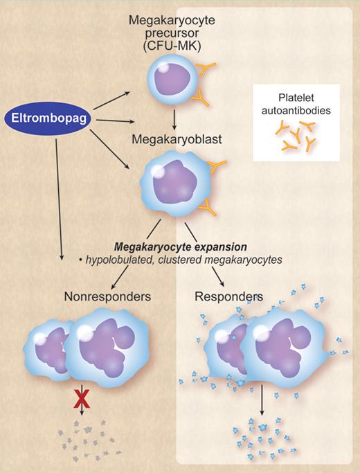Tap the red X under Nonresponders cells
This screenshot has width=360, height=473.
coord(82,402)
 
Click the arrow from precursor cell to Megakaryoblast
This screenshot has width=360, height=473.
coord(173,118)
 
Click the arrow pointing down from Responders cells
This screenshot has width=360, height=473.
coord(261,402)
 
